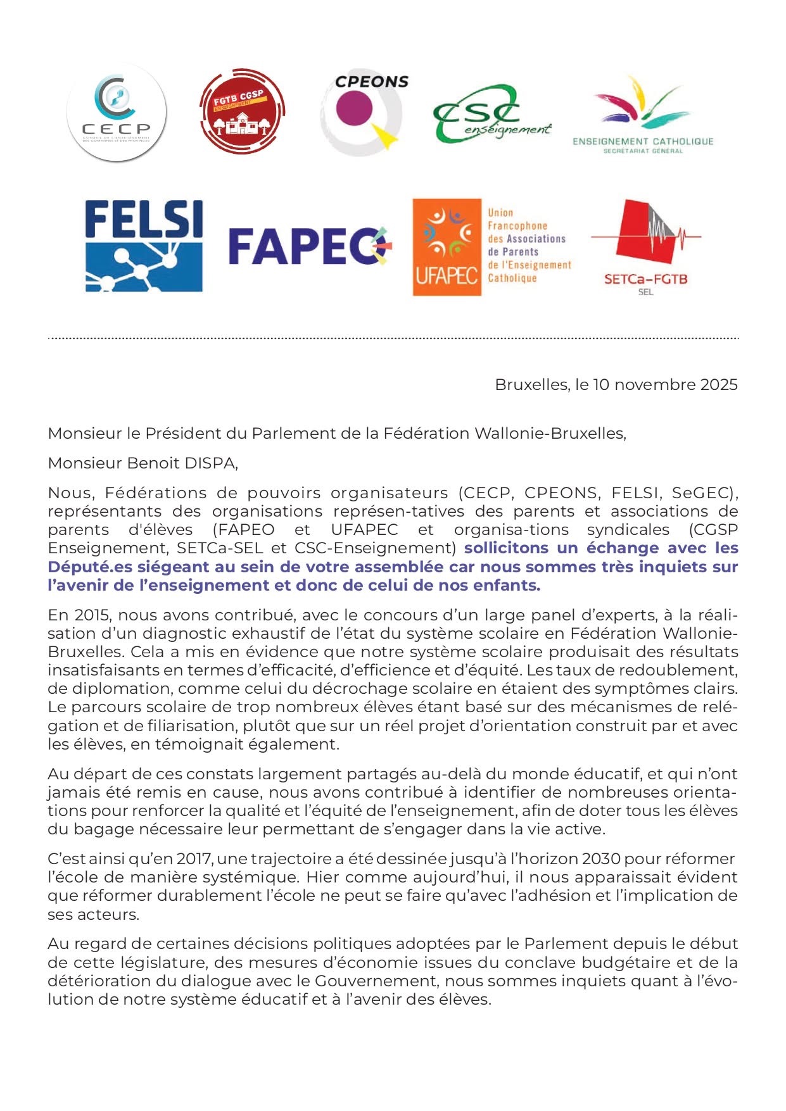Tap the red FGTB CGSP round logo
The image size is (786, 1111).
point(242,111)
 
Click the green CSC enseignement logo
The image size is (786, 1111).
point(491,115)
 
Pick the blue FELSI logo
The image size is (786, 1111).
point(144,246)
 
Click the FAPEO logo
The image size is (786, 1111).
point(310,246)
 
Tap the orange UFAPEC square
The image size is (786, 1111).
point(447,247)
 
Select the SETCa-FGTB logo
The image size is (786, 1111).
point(645,247)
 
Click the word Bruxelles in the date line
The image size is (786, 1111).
point(531,384)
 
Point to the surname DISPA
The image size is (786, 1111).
point(210,463)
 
